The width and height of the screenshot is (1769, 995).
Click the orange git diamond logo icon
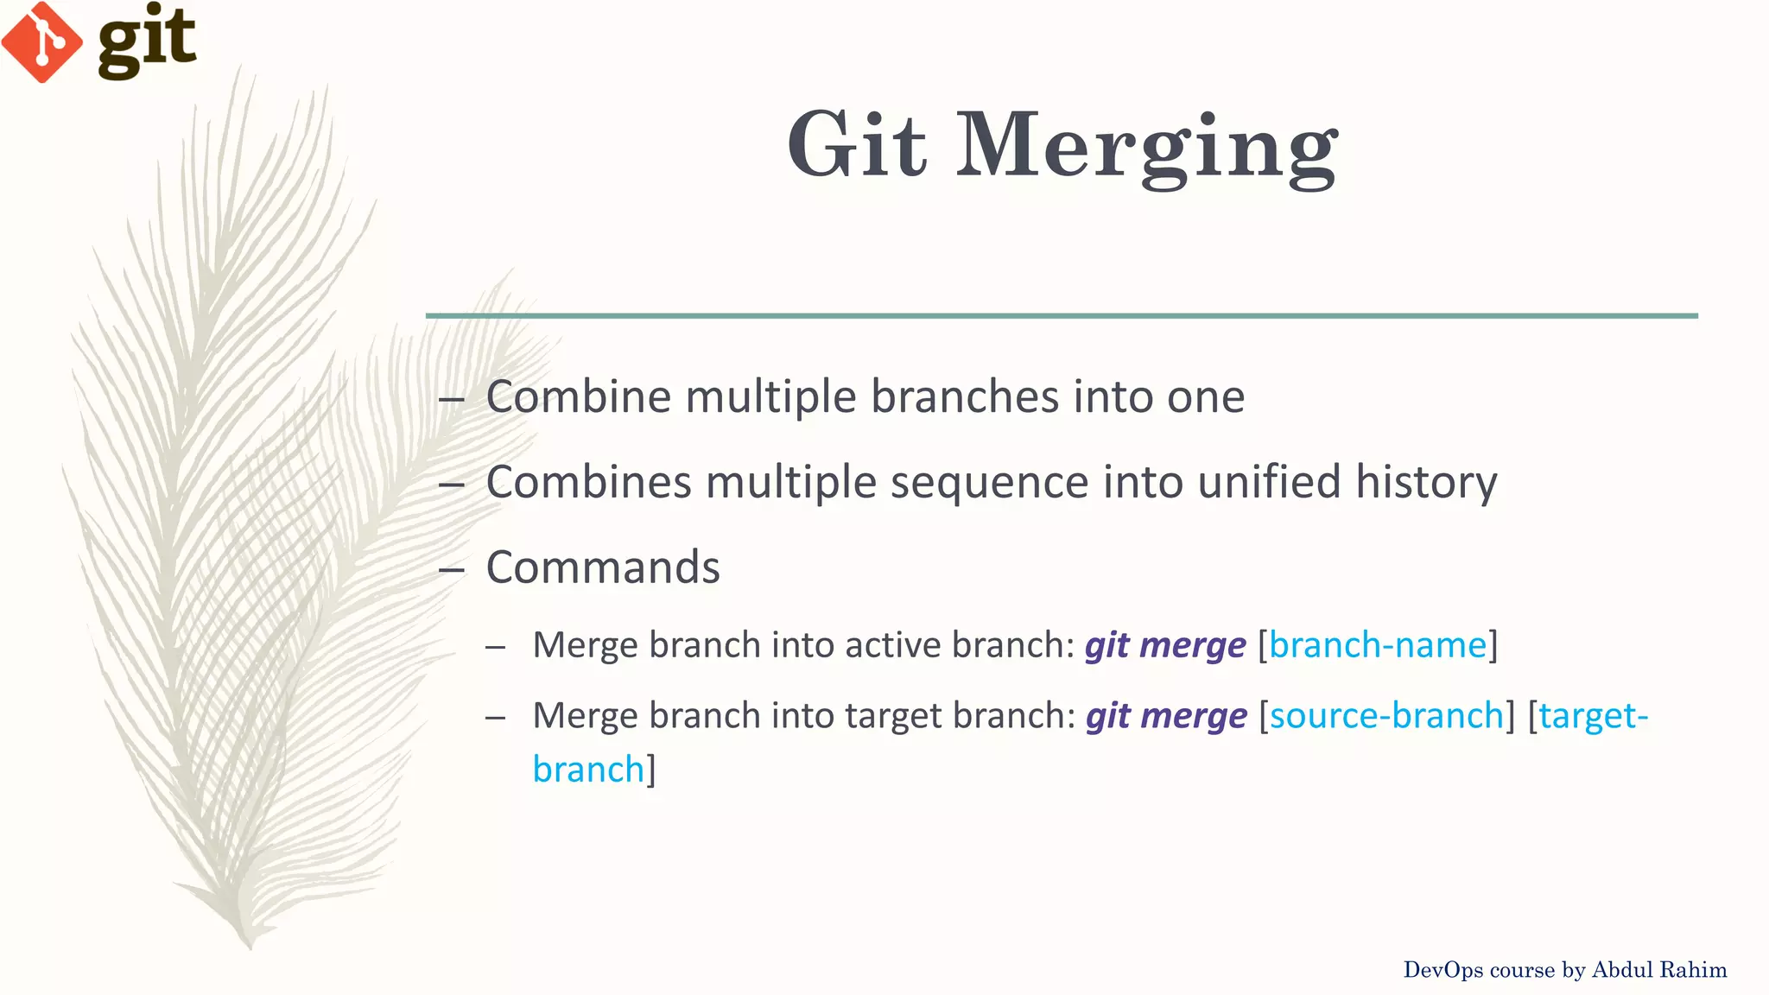tap(41, 41)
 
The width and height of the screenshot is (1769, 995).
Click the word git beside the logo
tap(147, 40)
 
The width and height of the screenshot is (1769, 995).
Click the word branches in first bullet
tap(964, 397)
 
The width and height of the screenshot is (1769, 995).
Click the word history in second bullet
tap(1425, 482)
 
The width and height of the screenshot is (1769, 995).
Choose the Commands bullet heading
tap(603, 567)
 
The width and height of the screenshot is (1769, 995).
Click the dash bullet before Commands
tap(451, 570)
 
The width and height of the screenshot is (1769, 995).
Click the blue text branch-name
tap(1377, 645)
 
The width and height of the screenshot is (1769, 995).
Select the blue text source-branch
tap(1386, 716)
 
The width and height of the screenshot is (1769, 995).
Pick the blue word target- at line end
tap(1593, 716)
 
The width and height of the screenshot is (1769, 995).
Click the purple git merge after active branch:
tap(1165, 646)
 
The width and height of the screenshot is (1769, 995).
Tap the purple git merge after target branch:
tap(1166, 717)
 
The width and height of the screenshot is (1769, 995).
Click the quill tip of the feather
tap(249, 943)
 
